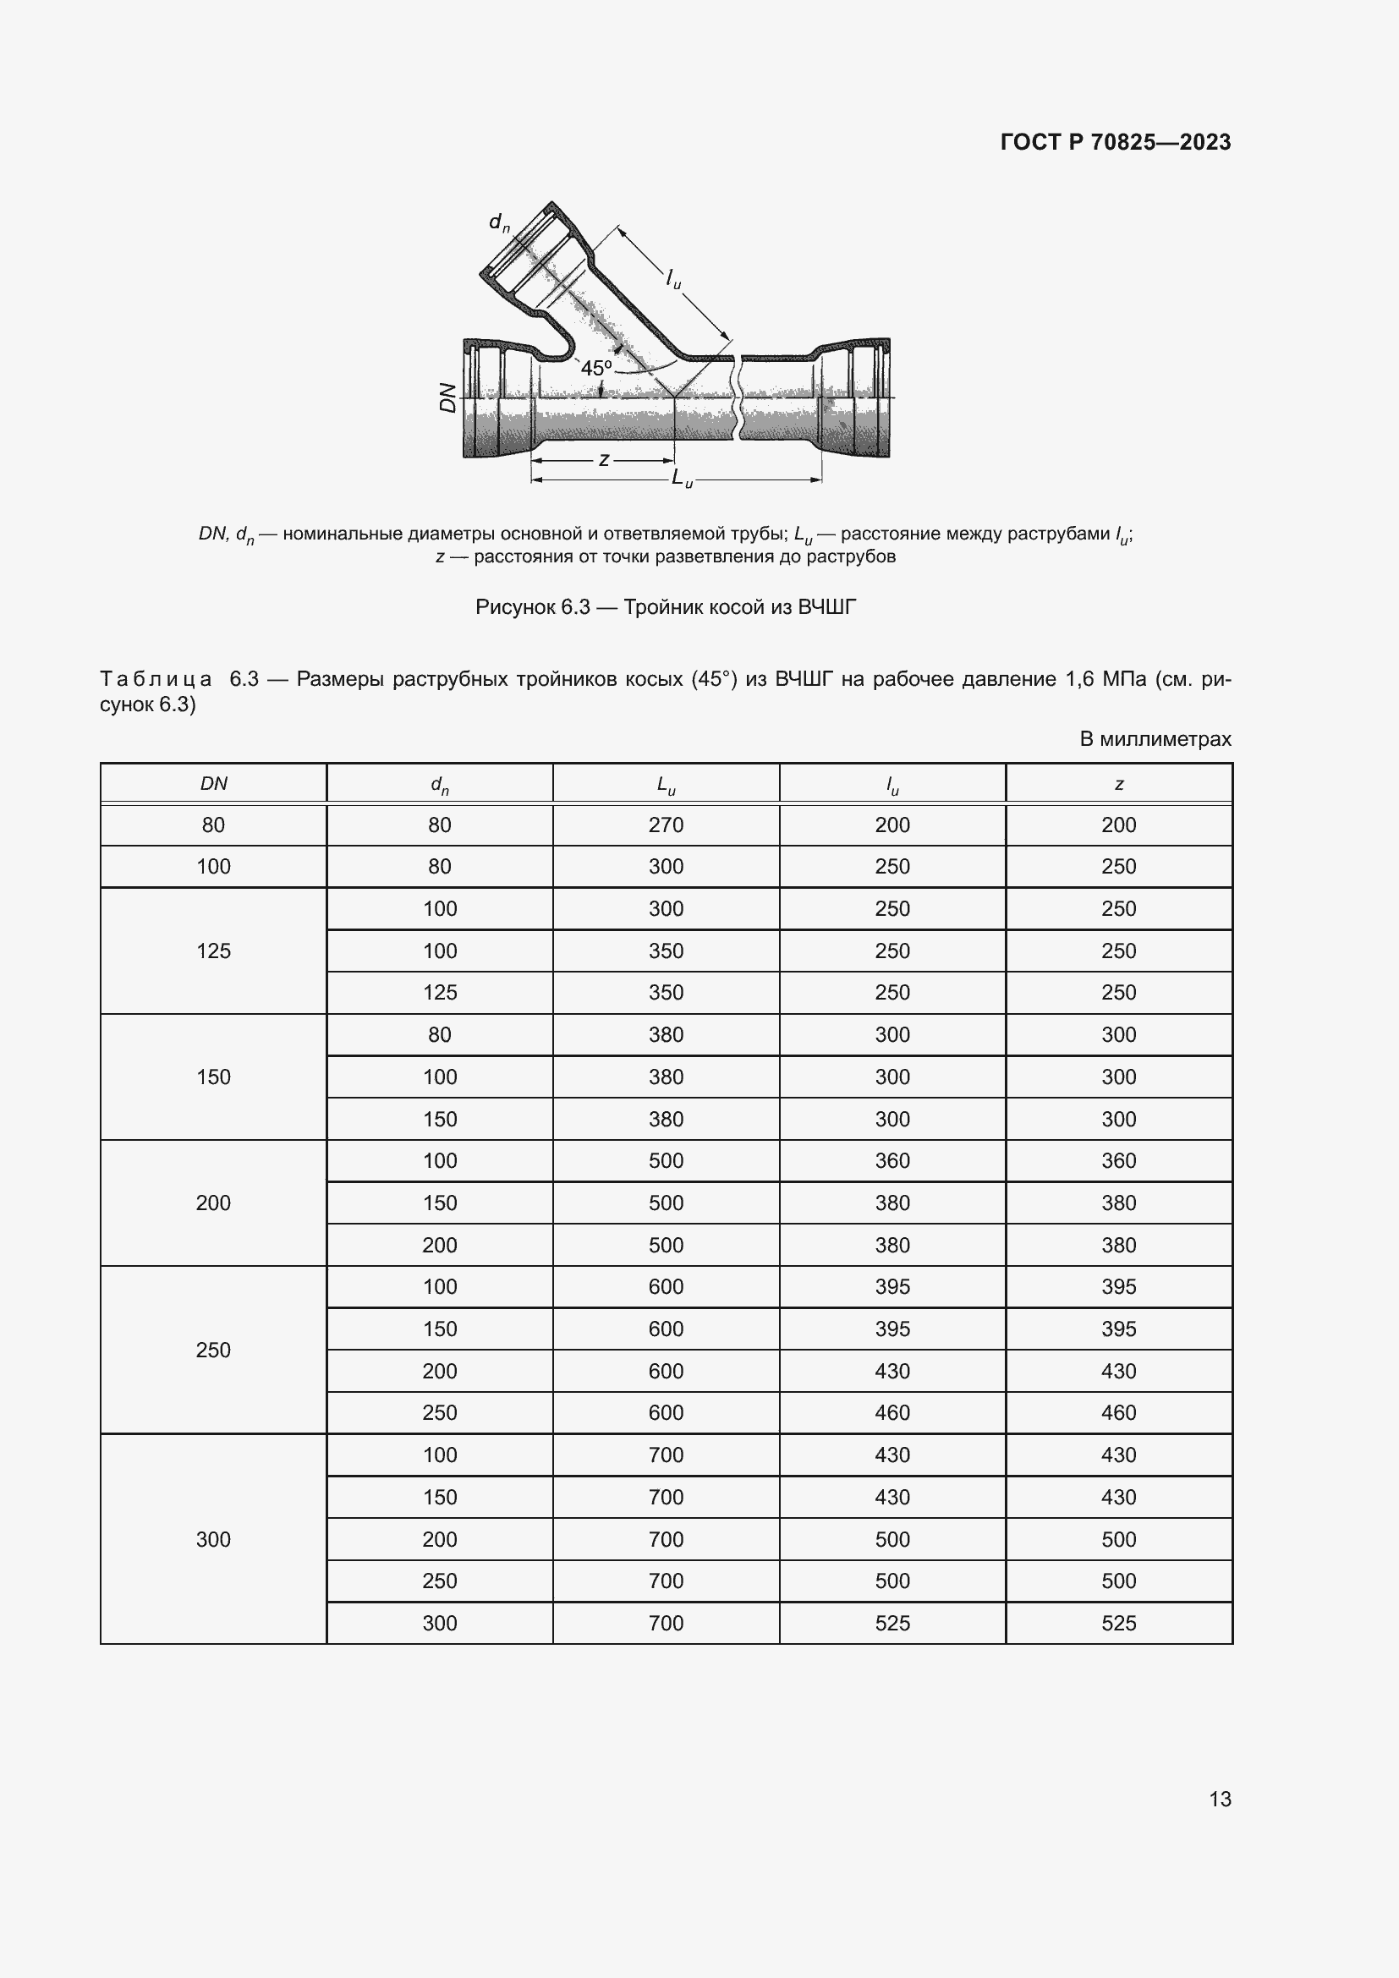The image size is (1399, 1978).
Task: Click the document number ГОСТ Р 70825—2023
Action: pyautogui.click(x=1115, y=142)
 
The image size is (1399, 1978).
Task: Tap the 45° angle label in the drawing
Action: pyautogui.click(x=595, y=369)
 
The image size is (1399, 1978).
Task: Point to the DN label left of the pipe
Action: pyautogui.click(x=447, y=397)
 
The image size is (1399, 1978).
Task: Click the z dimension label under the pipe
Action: pyautogui.click(x=604, y=460)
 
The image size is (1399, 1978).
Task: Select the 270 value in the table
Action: pyautogui.click(x=665, y=825)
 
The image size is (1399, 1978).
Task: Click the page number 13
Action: pyautogui.click(x=1220, y=1799)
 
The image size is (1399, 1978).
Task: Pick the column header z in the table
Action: pyautogui.click(x=1118, y=784)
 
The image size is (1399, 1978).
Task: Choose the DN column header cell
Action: pyautogui.click(x=213, y=783)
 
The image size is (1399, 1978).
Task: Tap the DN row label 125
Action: pyautogui.click(x=213, y=951)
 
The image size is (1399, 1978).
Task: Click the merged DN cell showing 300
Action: pyautogui.click(x=213, y=1538)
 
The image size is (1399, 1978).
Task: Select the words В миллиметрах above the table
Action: pyautogui.click(x=1155, y=738)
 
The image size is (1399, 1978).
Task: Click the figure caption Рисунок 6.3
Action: pyautogui.click(x=665, y=607)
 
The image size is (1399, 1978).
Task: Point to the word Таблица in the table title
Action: pyautogui.click(x=156, y=679)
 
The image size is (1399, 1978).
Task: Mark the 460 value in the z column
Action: pyautogui.click(x=1118, y=1412)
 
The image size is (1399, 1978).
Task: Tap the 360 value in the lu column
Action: pyautogui.click(x=892, y=1160)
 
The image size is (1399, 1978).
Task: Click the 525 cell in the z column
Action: pyautogui.click(x=1118, y=1623)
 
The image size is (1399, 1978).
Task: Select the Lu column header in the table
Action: pyautogui.click(x=665, y=784)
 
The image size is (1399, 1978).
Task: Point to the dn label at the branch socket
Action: pyautogui.click(x=499, y=222)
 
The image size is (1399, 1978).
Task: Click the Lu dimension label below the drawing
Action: pyautogui.click(x=682, y=478)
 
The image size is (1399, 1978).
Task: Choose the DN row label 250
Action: pyautogui.click(x=213, y=1349)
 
